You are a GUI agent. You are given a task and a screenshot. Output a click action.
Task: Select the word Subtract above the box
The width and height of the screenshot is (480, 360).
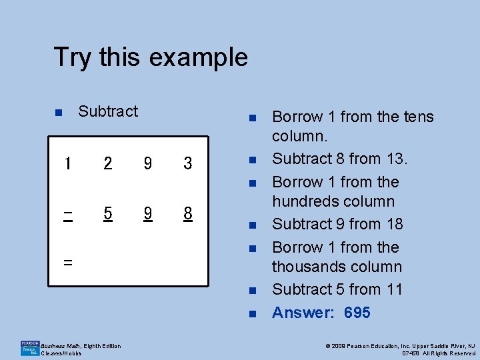(108, 111)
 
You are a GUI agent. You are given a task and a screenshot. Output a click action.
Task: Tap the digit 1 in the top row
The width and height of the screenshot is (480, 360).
(67, 163)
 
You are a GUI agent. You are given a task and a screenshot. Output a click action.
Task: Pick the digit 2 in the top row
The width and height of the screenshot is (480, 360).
(108, 163)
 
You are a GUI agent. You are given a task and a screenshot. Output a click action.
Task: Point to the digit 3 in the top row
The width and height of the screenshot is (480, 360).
(188, 163)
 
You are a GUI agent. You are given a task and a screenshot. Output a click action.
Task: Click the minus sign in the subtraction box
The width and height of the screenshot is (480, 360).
(67, 213)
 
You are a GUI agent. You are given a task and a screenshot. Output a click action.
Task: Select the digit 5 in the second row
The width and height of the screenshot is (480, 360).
(108, 213)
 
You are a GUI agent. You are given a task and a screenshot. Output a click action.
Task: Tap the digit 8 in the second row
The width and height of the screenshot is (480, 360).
(188, 213)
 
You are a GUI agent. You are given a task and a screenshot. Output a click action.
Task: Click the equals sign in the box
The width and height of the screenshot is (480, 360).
(67, 262)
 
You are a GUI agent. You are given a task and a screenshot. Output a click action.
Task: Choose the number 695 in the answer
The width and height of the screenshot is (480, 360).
(357, 313)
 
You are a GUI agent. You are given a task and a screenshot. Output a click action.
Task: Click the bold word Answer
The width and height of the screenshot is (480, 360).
(302, 313)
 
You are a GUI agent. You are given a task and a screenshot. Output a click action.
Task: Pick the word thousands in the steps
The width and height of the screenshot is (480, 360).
(307, 267)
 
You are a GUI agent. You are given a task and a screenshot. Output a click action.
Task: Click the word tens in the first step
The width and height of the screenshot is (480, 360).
(417, 117)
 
